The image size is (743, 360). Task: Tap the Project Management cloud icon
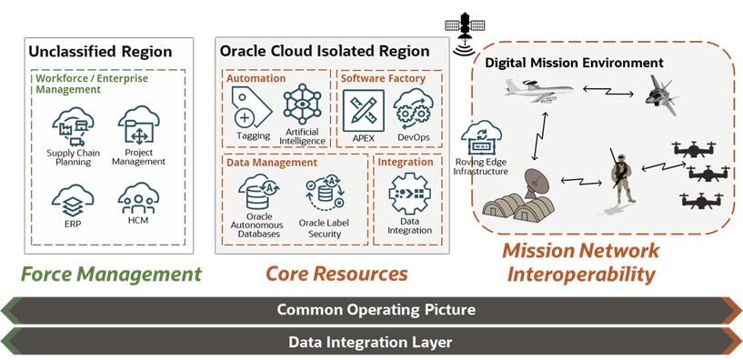[x=137, y=125]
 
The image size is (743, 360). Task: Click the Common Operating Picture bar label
[x=377, y=310]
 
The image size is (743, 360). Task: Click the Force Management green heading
[x=110, y=274]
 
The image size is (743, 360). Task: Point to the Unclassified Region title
[x=100, y=52]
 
